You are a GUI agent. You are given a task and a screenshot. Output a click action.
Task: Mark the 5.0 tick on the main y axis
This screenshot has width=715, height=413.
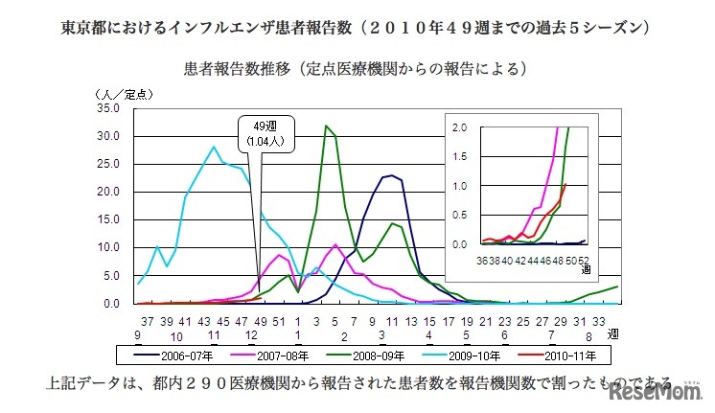109,276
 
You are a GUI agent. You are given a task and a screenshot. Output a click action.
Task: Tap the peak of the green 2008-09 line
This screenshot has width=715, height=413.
327,126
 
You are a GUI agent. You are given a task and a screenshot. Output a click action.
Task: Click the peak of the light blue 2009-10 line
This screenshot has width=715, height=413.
214,147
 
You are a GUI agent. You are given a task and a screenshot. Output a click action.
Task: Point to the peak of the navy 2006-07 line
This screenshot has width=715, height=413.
390,175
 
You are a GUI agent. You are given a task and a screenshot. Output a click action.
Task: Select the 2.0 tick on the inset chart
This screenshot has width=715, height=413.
459,126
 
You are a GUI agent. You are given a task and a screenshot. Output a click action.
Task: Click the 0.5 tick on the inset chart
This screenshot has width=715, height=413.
459,215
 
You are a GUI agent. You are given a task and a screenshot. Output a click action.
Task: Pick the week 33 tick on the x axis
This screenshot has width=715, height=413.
598,320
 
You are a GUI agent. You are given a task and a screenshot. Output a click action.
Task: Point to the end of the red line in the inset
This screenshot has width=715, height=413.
565,183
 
